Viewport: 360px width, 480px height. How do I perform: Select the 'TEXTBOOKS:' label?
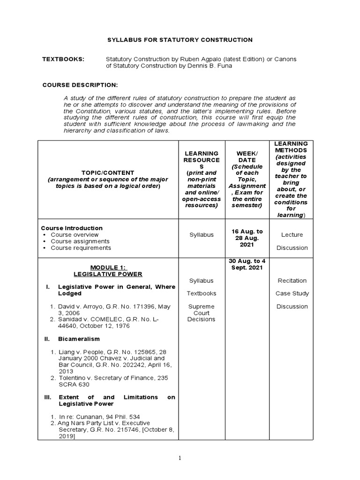coord(63,59)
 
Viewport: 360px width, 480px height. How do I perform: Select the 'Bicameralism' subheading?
coord(78,338)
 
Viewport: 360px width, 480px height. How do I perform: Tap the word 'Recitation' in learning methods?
coord(292,281)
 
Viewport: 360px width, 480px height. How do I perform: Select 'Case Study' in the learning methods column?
coord(292,293)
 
